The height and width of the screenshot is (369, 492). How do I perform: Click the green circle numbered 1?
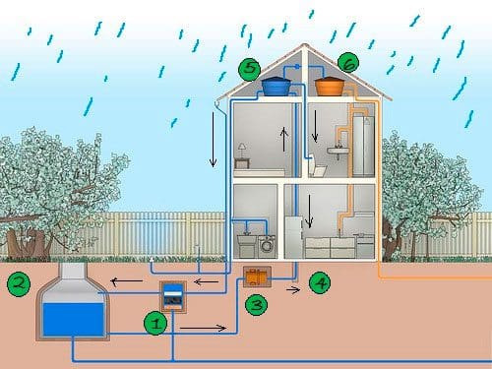tap(154, 322)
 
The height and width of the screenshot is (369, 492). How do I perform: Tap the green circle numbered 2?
tap(17, 284)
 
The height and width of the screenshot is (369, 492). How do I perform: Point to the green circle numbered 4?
tap(319, 283)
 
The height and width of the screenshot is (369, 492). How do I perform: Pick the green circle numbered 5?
tap(250, 69)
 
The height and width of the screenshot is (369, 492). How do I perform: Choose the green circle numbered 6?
tap(347, 63)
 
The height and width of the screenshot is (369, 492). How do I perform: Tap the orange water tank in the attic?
tap(330, 87)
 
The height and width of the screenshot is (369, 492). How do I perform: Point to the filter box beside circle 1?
tap(173, 296)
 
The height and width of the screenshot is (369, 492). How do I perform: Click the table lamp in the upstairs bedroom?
tap(239, 149)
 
